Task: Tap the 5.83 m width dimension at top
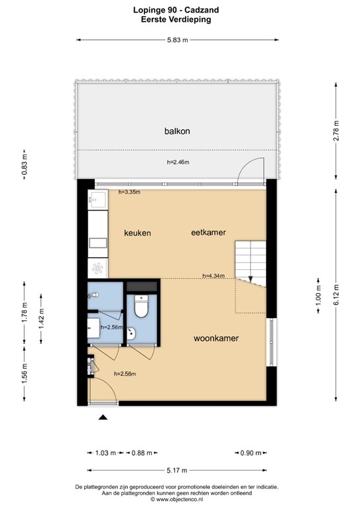(177, 40)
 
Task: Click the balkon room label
(177, 131)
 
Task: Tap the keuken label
(138, 233)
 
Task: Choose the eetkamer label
(208, 233)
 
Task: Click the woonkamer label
(216, 338)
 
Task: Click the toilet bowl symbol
(141, 306)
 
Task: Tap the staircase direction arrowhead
(251, 280)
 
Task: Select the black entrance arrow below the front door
(103, 417)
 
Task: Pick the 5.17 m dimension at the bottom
(177, 471)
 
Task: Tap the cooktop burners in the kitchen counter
(97, 268)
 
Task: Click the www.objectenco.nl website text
(180, 498)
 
